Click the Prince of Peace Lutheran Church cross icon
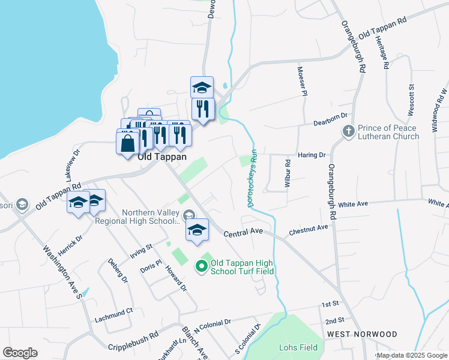tap(348, 131)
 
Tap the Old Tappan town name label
tap(162, 157)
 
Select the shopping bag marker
tap(127, 144)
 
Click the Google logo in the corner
tap(20, 353)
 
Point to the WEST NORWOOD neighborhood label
tap(362, 334)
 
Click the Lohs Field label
tap(298, 347)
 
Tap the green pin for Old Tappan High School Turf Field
tap(201, 267)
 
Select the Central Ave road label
tap(243, 232)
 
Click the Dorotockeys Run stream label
tap(253, 178)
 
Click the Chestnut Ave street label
tap(309, 229)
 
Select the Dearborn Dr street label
tap(330, 123)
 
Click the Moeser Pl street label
tap(303, 81)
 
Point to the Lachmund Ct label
tap(113, 311)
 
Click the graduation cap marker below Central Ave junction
tap(197, 230)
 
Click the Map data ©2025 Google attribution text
tap(412, 355)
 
